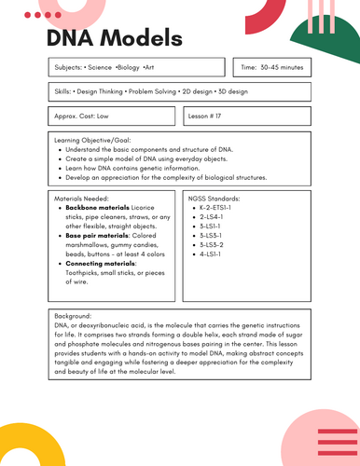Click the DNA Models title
(114, 39)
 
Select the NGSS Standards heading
(214, 199)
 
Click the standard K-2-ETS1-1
(218, 208)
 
